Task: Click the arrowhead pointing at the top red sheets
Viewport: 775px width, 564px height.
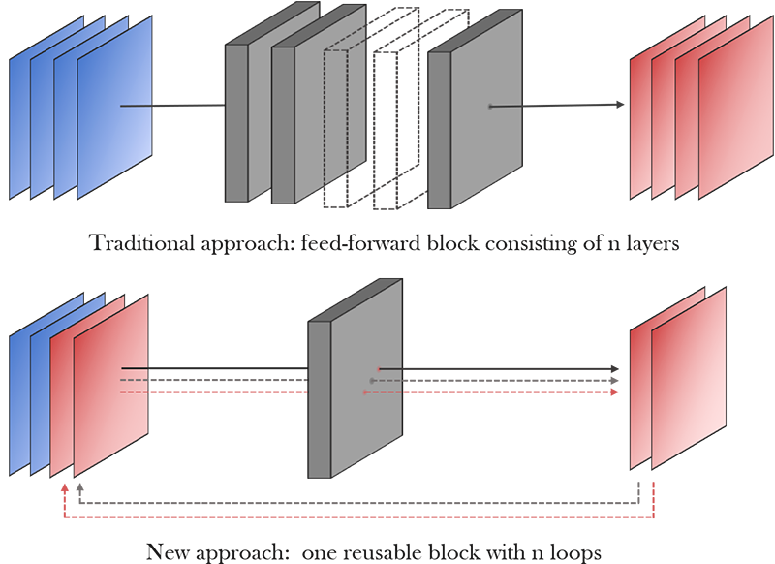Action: tap(620, 105)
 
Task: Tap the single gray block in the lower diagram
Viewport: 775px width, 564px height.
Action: tap(356, 378)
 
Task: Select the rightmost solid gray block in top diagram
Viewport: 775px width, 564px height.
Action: tap(475, 109)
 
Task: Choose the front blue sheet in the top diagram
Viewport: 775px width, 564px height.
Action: tap(114, 108)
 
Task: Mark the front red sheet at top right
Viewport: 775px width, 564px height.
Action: tap(736, 108)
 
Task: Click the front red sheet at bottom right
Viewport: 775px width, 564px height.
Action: tap(689, 378)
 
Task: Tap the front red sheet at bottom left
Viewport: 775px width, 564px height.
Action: tap(111, 386)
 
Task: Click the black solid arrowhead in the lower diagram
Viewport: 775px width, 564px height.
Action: tap(615, 369)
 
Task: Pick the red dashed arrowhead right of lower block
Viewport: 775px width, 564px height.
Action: tap(615, 392)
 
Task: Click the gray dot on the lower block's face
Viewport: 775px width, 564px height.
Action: tap(372, 381)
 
